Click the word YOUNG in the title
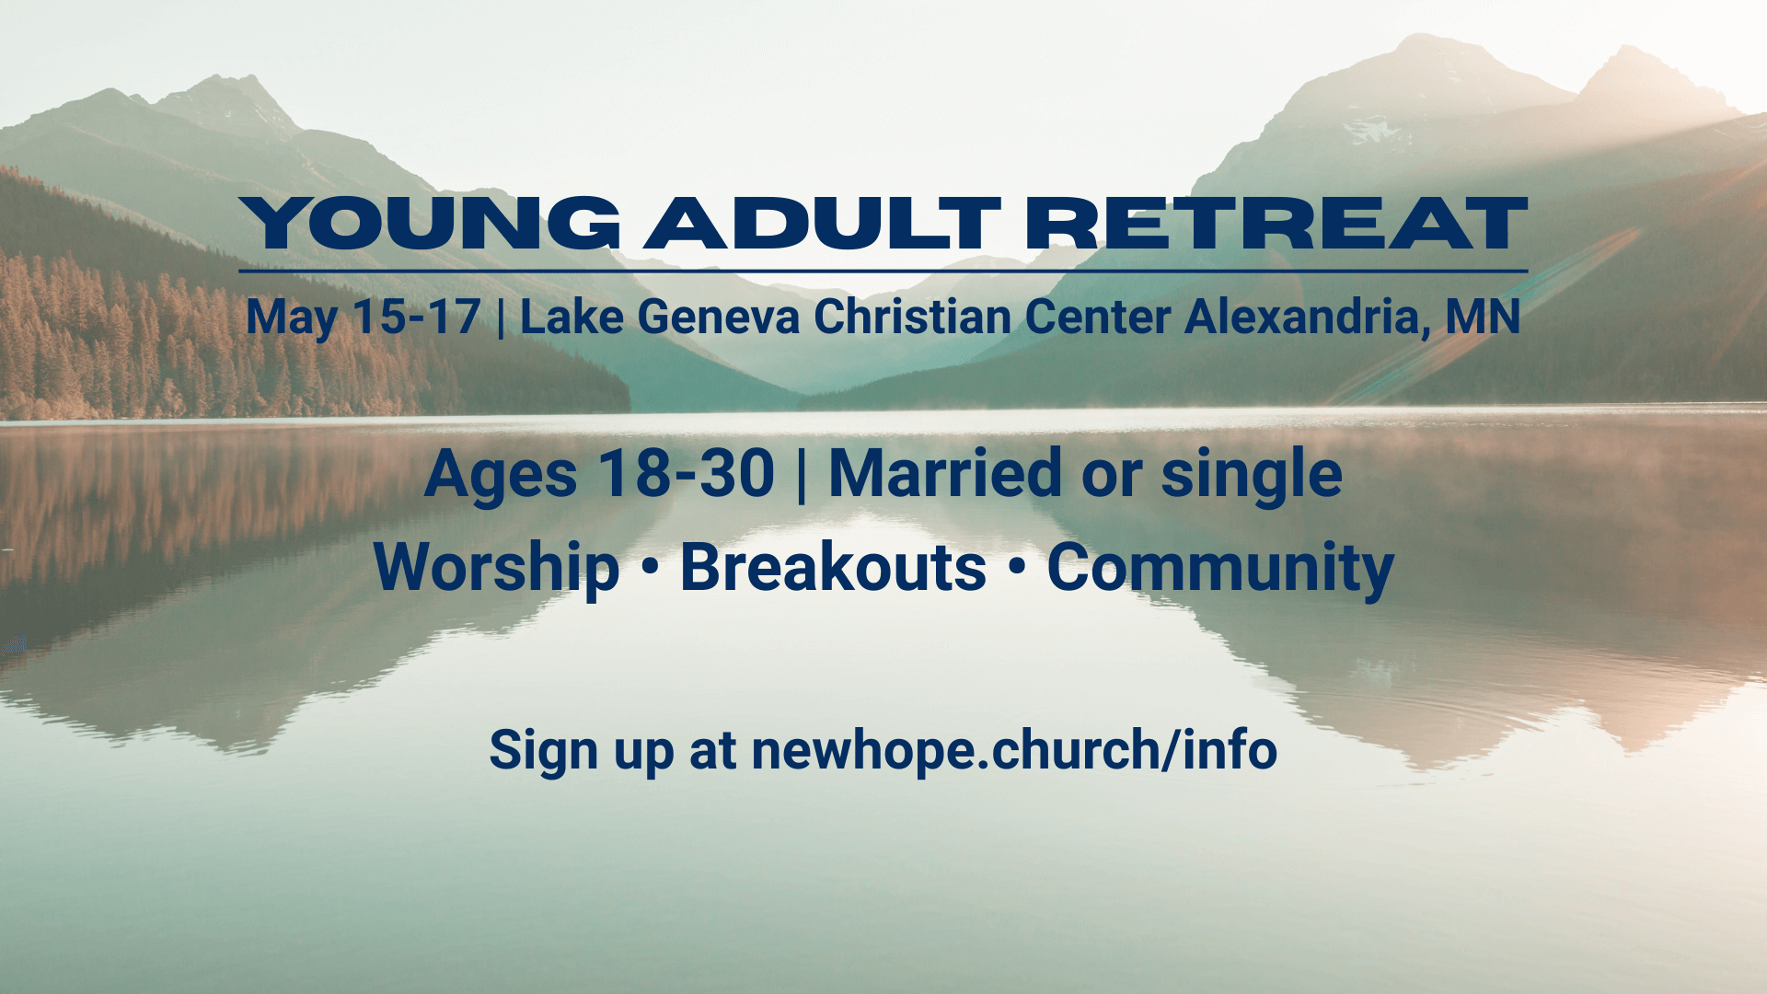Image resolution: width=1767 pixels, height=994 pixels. [x=430, y=224]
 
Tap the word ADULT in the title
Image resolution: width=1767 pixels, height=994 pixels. [x=822, y=224]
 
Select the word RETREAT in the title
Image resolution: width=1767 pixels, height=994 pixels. [x=1276, y=224]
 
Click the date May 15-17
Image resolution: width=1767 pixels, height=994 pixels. [x=364, y=318]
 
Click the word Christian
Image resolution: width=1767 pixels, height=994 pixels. [x=913, y=317]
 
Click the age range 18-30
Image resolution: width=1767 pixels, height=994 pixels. [x=687, y=474]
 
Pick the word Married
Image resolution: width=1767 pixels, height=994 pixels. [x=945, y=474]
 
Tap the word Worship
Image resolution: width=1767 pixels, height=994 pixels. [x=496, y=568]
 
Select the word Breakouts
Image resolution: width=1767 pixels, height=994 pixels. [x=833, y=567]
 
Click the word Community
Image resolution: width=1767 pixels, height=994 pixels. [x=1220, y=569]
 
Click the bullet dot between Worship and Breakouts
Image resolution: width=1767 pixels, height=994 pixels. [x=650, y=569]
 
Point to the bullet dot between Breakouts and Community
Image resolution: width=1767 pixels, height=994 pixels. [x=1016, y=569]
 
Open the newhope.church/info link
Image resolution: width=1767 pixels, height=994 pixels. [x=1014, y=750]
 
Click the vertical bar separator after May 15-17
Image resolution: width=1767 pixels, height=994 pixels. [x=501, y=318]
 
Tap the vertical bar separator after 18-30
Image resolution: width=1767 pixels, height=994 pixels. [x=802, y=475]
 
